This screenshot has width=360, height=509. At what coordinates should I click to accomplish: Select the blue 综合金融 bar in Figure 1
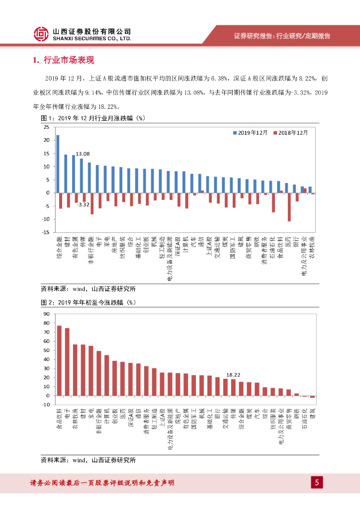click(x=58, y=164)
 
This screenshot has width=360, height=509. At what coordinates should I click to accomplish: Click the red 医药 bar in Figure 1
click(x=289, y=207)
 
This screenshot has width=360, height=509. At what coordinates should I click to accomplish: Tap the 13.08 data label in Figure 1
click(x=83, y=154)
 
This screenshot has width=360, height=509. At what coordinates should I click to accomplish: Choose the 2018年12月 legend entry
click(x=293, y=133)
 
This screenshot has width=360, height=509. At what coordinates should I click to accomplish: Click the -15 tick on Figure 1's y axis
click(x=45, y=232)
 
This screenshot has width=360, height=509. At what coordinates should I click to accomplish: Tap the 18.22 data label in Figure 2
click(x=233, y=375)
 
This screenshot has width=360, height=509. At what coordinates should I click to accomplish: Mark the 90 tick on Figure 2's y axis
click(x=47, y=314)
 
